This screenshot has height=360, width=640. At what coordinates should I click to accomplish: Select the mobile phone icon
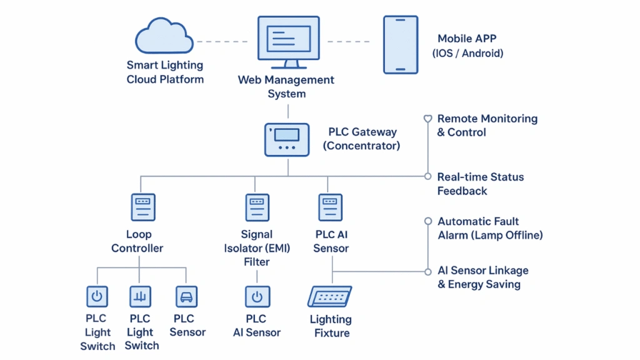point(400,45)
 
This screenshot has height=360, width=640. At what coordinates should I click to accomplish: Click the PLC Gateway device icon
point(287,139)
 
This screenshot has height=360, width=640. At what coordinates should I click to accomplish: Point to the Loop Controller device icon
point(143,207)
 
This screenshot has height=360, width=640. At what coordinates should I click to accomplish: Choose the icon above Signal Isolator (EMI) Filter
point(257,207)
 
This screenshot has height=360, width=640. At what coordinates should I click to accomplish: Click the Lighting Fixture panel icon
point(330,296)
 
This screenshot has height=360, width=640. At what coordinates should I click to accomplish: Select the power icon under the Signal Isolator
point(257,296)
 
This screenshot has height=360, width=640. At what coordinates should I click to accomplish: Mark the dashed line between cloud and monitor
point(222,42)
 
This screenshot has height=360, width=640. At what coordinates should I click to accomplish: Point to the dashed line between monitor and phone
point(348,42)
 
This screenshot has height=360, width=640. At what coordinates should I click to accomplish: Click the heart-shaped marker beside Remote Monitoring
point(428,118)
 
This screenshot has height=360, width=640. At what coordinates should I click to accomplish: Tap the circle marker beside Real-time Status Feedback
point(428,176)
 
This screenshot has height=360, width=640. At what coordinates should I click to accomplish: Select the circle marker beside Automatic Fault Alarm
point(428,221)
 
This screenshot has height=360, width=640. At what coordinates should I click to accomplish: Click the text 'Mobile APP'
point(467,39)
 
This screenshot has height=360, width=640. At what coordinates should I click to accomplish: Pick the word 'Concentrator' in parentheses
point(361,146)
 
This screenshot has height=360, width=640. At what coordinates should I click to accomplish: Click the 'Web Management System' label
point(286,87)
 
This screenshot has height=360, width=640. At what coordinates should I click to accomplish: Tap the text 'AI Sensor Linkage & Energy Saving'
point(482,277)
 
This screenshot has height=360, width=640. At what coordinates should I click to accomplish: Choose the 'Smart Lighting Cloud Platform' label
point(165,72)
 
